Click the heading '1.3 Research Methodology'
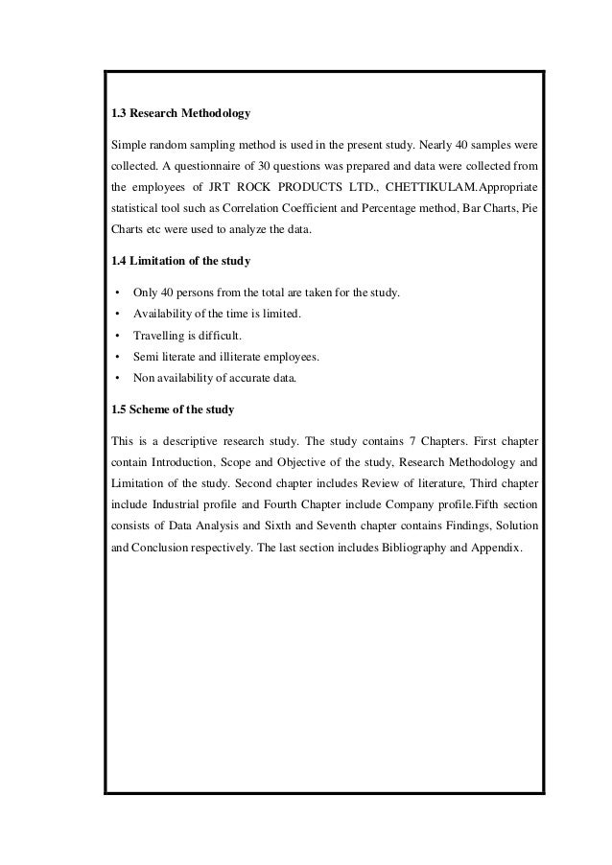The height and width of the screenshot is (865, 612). (x=181, y=114)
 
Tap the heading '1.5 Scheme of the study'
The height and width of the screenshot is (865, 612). (x=173, y=410)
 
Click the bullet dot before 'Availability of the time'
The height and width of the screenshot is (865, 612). (x=115, y=315)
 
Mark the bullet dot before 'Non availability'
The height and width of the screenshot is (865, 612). (x=115, y=379)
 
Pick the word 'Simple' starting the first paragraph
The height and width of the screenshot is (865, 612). (x=130, y=144)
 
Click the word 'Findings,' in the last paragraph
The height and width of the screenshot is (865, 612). (x=454, y=527)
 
